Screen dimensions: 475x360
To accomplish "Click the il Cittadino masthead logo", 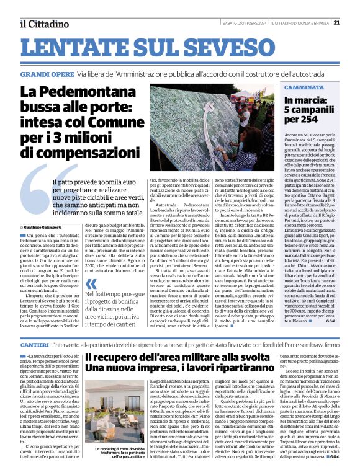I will coord(44,24).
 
